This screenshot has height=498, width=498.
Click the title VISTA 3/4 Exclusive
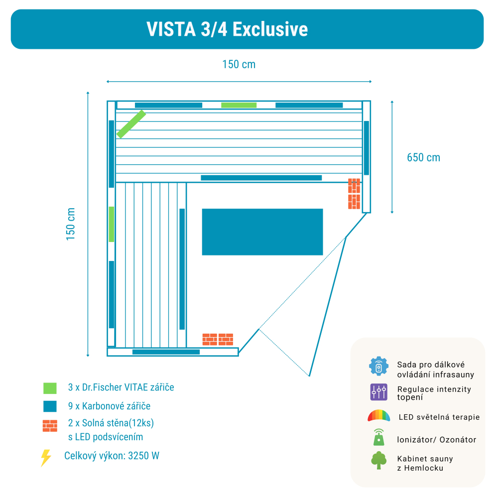227,29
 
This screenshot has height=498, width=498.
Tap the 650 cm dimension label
423,157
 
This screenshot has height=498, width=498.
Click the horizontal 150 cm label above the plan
239,64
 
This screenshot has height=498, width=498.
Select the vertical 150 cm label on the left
71,224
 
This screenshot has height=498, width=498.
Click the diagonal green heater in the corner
131,124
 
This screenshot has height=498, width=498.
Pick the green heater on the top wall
239,105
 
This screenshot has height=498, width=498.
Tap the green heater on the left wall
112,224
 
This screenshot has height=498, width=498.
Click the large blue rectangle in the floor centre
262,232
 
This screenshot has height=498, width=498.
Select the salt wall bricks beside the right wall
354,194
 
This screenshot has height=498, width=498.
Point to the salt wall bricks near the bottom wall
218,339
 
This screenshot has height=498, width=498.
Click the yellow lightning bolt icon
46,458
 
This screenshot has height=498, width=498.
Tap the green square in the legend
50,388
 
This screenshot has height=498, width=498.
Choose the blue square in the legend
50,406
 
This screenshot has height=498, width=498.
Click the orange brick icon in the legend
50,426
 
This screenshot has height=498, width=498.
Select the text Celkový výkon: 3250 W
112,456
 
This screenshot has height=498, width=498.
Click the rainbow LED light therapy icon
378,416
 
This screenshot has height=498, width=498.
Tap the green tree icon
378,460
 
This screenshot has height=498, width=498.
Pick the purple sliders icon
378,392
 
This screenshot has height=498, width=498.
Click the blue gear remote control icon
378,366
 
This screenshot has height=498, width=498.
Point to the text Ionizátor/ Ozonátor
436,440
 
